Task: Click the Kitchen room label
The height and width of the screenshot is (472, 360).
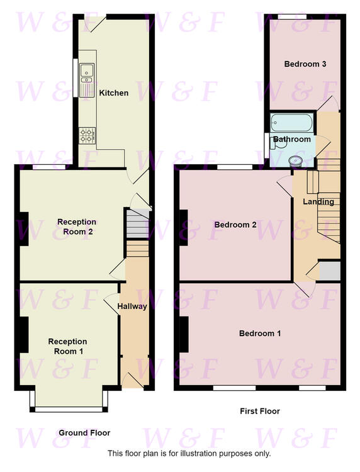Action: pos(114,93)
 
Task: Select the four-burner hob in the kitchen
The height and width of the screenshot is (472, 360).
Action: pos(87,135)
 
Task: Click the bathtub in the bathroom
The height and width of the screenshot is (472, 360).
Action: pos(291,123)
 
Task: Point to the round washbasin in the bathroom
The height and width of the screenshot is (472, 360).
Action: pos(295,161)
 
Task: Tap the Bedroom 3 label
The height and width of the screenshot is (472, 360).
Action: pos(305,64)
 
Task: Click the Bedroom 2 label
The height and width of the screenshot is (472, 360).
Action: pos(235,225)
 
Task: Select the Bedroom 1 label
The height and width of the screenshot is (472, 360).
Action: pos(260,334)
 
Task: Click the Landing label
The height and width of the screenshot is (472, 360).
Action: pos(318,202)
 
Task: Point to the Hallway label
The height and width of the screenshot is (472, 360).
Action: pos(132,306)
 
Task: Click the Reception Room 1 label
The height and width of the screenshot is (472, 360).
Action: pos(68,347)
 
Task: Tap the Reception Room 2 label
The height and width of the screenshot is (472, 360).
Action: pos(77,227)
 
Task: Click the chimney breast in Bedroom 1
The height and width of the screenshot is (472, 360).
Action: pos(184,334)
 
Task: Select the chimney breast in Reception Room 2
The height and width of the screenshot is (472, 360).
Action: pos(24,229)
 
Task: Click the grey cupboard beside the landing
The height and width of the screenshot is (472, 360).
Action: pos(330,271)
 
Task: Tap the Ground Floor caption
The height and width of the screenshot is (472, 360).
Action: pos(84,433)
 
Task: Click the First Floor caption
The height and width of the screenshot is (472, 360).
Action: pos(260,411)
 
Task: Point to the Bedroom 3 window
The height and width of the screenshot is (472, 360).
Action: pos(292,17)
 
